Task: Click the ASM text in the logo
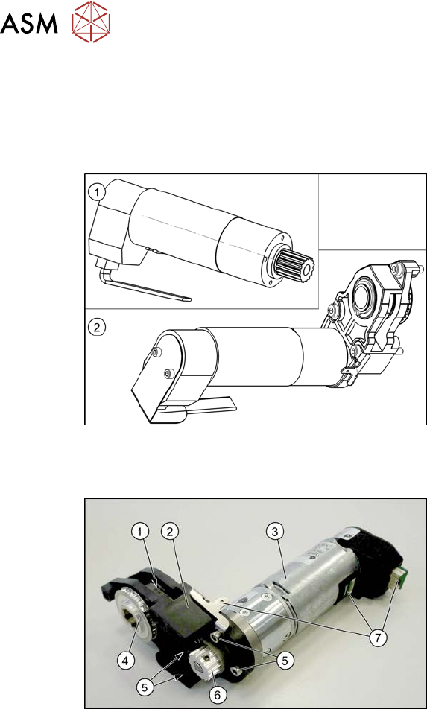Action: pyautogui.click(x=29, y=24)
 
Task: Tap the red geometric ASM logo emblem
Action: pyautogui.click(x=92, y=22)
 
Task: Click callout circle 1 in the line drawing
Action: pyautogui.click(x=96, y=193)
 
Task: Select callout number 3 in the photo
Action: pyautogui.click(x=273, y=533)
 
